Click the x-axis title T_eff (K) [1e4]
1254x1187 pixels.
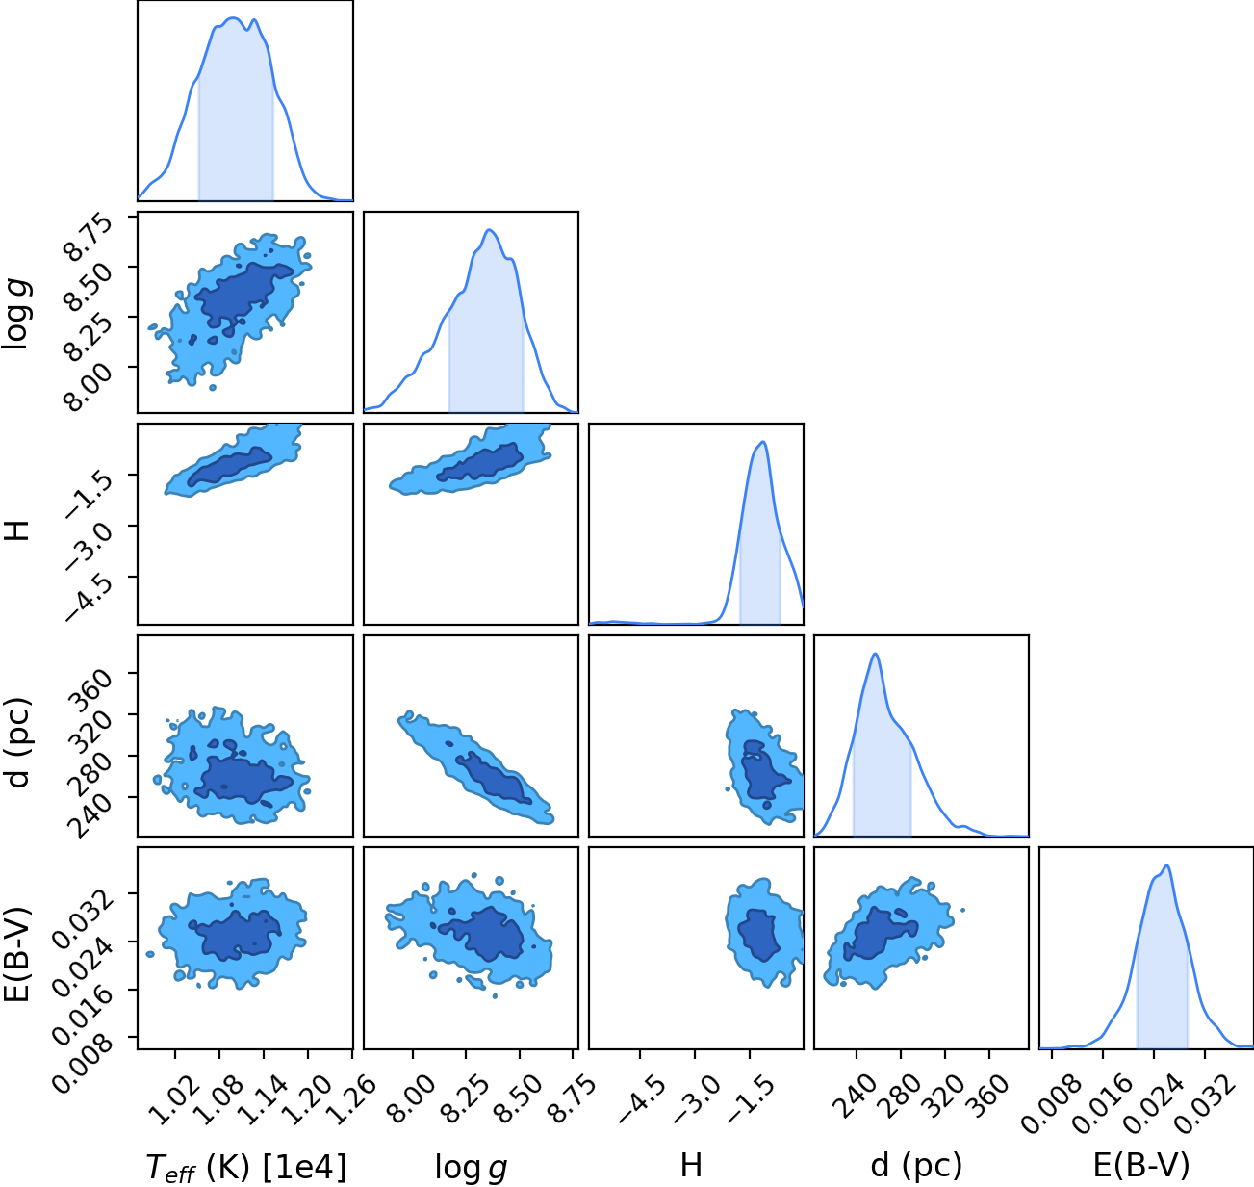pyautogui.click(x=246, y=1167)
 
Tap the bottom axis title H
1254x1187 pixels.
pyautogui.click(x=691, y=1165)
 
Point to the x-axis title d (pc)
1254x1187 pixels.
pyautogui.click(x=916, y=1166)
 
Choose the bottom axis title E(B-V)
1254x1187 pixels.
pyautogui.click(x=1141, y=1166)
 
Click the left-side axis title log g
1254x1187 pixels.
pyautogui.click(x=17, y=315)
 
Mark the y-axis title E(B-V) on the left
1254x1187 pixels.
pyautogui.click(x=17, y=953)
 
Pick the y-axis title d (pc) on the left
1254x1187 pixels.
pyautogui.click(x=17, y=743)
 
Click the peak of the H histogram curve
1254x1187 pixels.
pyautogui.click(x=762, y=442)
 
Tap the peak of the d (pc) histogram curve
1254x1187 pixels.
pyautogui.click(x=875, y=654)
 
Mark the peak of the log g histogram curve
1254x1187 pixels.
pyautogui.click(x=489, y=230)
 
